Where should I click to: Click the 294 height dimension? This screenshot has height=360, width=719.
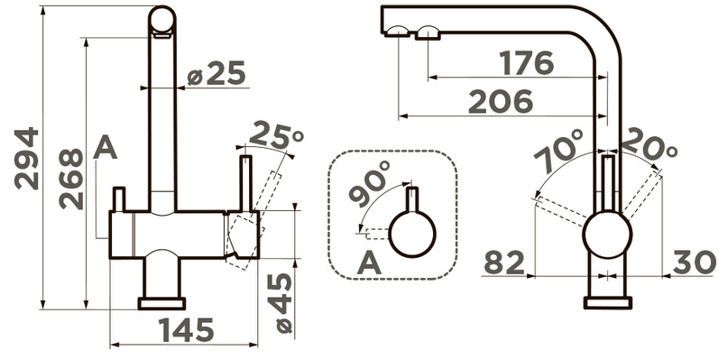26,159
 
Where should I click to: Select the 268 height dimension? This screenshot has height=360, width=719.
71,179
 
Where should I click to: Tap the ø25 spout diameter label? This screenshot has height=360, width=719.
217,73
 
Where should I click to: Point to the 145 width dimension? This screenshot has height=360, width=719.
186,329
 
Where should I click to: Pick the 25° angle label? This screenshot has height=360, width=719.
276,135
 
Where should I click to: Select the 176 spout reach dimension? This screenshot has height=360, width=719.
527,63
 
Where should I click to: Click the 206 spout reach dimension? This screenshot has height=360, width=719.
501,101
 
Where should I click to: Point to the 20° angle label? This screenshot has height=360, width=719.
650,143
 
